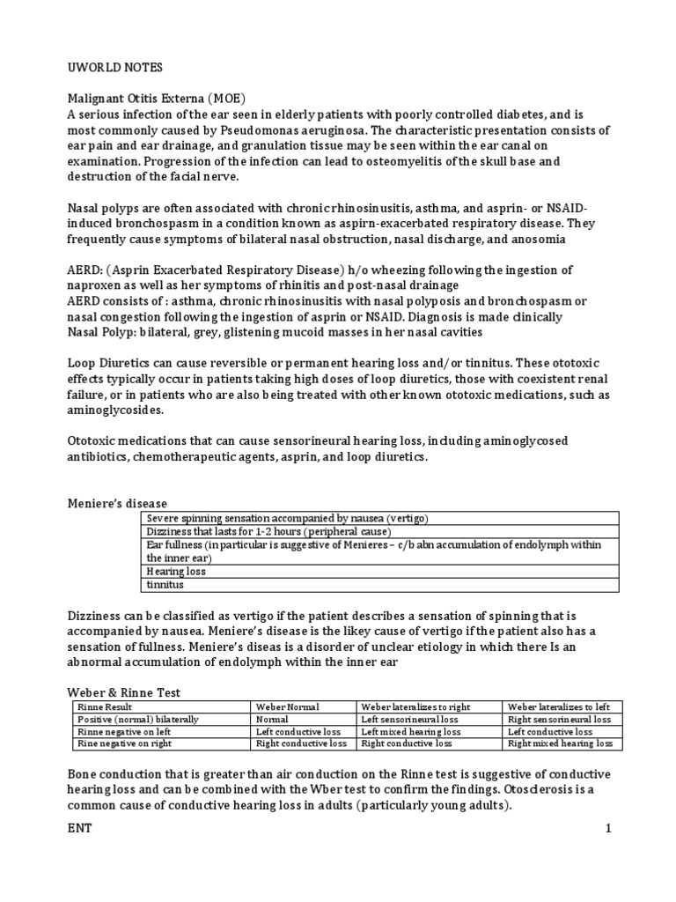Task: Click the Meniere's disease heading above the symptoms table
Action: click(x=117, y=503)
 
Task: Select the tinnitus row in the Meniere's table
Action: click(x=165, y=583)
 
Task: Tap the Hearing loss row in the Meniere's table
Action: click(x=177, y=571)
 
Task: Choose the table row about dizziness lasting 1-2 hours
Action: click(x=269, y=531)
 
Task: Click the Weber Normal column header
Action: click(x=288, y=707)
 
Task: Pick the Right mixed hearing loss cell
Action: click(x=560, y=743)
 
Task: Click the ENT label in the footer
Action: click(x=80, y=829)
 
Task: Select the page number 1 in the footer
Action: click(x=606, y=829)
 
